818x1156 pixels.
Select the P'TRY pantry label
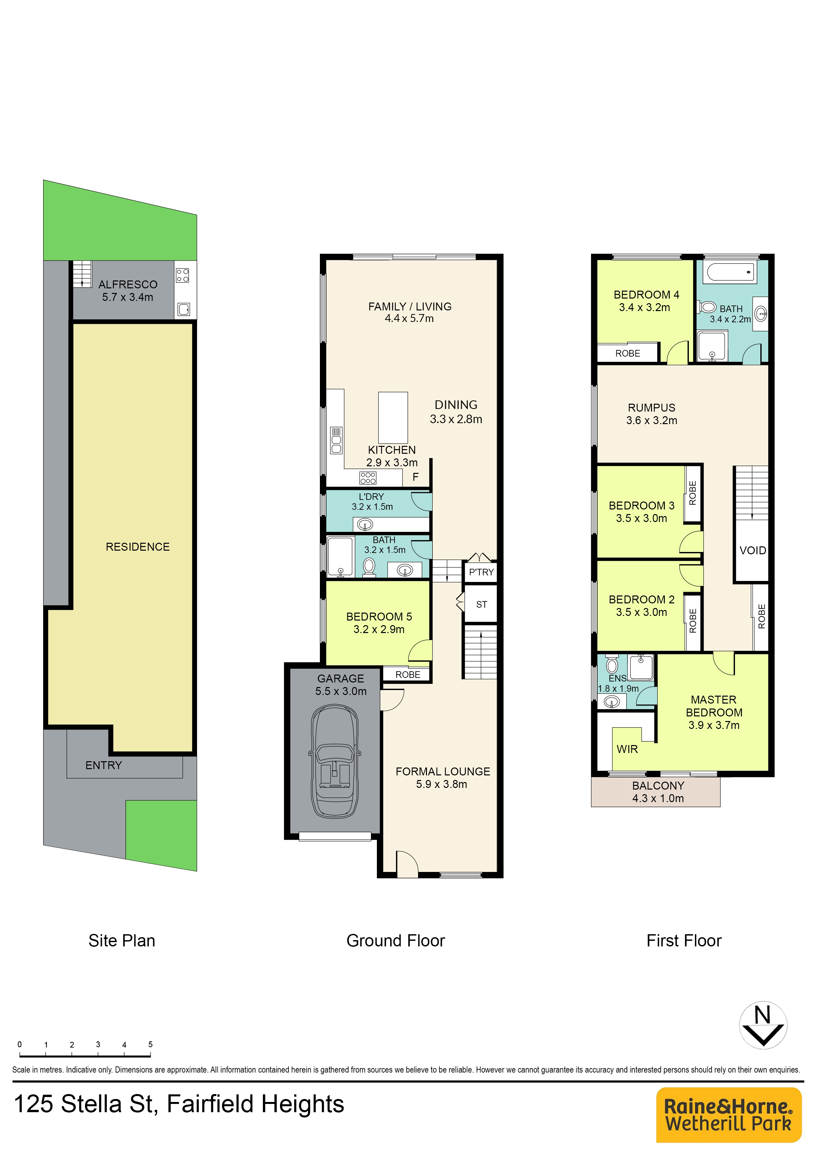pos(481,572)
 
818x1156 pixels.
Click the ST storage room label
pos(482,604)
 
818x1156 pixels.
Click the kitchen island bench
pos(393,418)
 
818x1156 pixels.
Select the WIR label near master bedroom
pos(627,749)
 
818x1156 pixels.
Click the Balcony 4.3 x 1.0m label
pos(658,792)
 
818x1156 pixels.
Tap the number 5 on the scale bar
pos(150,1044)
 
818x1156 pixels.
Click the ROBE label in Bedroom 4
pos(628,354)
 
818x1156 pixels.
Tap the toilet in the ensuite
pos(612,664)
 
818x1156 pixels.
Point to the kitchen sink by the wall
pos(336,441)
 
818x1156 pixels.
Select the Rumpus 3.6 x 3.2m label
pos(651,414)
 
